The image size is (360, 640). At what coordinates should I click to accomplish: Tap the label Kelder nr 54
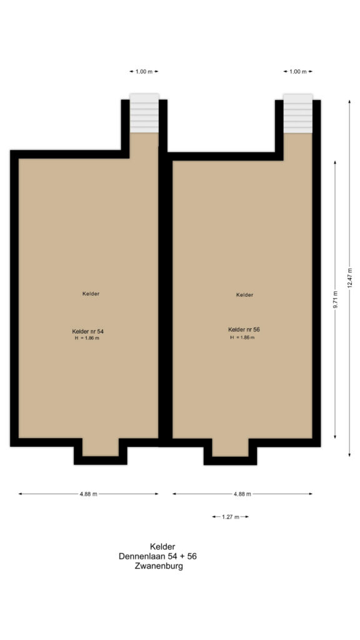coord(87,331)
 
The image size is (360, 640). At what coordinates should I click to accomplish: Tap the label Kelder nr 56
coord(243,329)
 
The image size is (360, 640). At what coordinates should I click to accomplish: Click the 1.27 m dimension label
coord(231,517)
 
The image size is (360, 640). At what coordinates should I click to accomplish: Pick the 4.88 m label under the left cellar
coord(88,494)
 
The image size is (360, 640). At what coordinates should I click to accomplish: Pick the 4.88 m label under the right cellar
coord(242,494)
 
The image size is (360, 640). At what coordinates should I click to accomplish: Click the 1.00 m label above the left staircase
coord(144,71)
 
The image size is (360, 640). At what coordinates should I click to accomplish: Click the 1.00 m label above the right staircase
coord(297,71)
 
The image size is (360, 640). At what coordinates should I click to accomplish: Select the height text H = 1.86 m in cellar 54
coord(87,338)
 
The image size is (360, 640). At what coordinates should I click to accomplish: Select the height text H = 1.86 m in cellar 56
coord(242,337)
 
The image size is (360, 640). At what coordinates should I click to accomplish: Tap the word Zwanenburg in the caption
coord(158,566)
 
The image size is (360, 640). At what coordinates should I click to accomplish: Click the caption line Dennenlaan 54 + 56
coord(158,556)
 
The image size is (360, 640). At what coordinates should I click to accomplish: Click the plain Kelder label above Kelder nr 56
coord(245,294)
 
